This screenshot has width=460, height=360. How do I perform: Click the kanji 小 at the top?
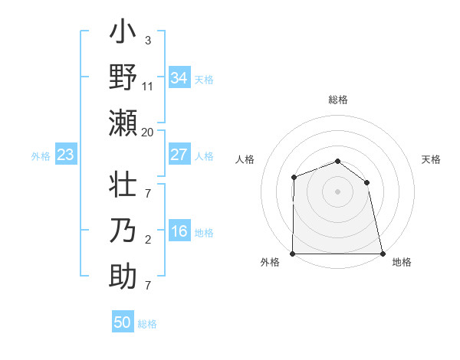coord(123,34)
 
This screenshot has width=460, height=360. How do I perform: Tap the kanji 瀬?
coord(123,123)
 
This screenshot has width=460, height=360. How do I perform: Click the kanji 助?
coord(123,275)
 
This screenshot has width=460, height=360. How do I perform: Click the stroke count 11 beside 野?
coord(148,86)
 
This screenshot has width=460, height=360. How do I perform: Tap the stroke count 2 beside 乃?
coord(148,240)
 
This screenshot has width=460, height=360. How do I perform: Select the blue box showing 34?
coord(179,78)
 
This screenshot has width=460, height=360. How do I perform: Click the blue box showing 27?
coord(179,155)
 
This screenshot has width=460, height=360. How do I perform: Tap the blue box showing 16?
coord(179,232)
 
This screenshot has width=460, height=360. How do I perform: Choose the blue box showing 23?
coord(66,155)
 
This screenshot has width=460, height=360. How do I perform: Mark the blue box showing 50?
coord(123,322)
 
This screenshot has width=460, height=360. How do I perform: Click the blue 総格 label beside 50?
coord(147,324)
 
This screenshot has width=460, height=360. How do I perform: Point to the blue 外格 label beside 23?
coord(41,156)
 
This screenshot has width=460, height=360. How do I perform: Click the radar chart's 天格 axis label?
coord(431,159)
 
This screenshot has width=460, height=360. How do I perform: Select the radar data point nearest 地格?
coord(382,254)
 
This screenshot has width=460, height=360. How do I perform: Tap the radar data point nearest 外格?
coord(293,254)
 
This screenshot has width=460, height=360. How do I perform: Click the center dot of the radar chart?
coord(337,191)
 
